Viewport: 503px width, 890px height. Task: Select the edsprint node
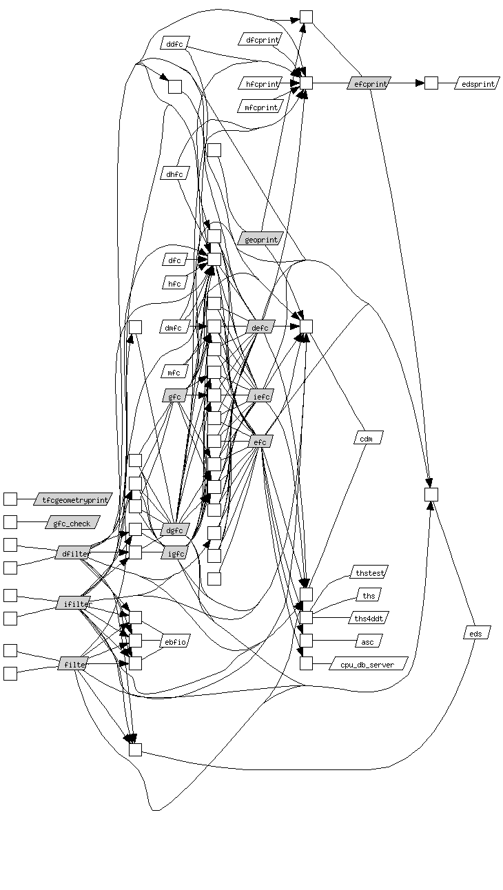pyautogui.click(x=476, y=83)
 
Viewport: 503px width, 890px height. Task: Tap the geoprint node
pyautogui.click(x=260, y=240)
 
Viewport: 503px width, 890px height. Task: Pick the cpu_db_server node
pyautogui.click(x=369, y=663)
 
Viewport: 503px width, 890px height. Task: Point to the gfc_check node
pyautogui.click(x=72, y=523)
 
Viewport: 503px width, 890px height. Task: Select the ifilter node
pyautogui.click(x=73, y=603)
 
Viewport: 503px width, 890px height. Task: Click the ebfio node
pyautogui.click(x=174, y=641)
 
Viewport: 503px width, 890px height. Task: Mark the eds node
pyautogui.click(x=475, y=633)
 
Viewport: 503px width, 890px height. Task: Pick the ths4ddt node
pyautogui.click(x=369, y=617)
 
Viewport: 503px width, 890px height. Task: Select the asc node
pyautogui.click(x=368, y=641)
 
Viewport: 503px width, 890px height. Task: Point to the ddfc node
pyautogui.click(x=174, y=43)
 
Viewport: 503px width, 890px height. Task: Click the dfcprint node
pyautogui.click(x=260, y=39)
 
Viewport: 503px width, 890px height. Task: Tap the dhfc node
pyautogui.click(x=174, y=174)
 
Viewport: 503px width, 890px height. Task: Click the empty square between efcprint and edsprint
pyautogui.click(x=431, y=83)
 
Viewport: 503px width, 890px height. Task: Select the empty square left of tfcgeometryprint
pyautogui.click(x=10, y=499)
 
